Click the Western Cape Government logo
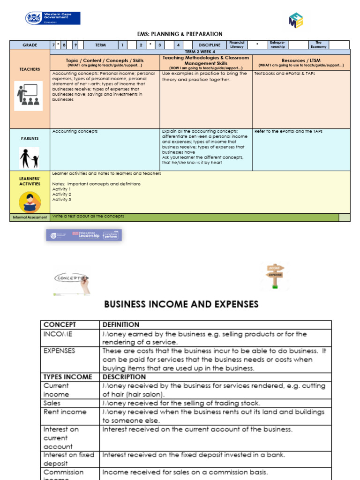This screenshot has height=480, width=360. pyautogui.click(x=52, y=18)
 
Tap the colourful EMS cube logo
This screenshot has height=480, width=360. pyautogui.click(x=296, y=20)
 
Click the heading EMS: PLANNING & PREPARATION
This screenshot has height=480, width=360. pyautogui.click(x=180, y=34)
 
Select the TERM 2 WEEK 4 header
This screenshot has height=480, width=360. pyautogui.click(x=200, y=51)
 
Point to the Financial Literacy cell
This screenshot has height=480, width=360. pyautogui.click(x=236, y=45)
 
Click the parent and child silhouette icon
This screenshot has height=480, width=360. pyautogui.click(x=29, y=157)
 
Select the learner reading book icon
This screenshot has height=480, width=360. pyautogui.click(x=30, y=202)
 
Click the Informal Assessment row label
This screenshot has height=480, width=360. pyautogui.click(x=30, y=217)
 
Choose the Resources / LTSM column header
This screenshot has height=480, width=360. pyautogui.click(x=301, y=62)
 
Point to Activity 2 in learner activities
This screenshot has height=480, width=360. pyautogui.click(x=62, y=194)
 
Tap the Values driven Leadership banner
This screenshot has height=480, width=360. pyautogui.click(x=84, y=235)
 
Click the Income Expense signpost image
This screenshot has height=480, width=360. pyautogui.click(x=275, y=276)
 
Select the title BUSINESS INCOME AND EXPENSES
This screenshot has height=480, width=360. pyautogui.click(x=181, y=304)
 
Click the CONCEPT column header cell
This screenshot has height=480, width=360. pyautogui.click(x=70, y=324)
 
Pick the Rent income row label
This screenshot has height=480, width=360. pyautogui.click(x=65, y=412)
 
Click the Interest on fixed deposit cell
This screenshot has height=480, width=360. pyautogui.click(x=69, y=459)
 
